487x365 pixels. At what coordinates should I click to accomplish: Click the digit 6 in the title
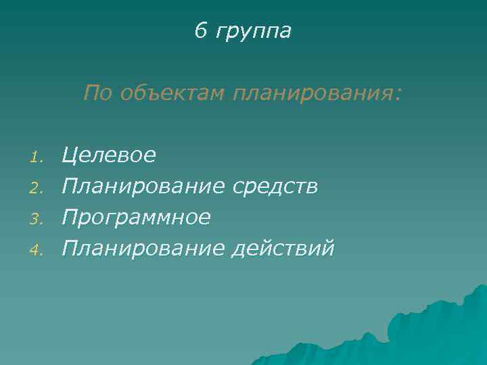(x=200, y=30)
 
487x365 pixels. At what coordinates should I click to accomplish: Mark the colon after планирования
(x=397, y=95)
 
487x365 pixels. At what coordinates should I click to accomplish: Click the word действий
(x=283, y=249)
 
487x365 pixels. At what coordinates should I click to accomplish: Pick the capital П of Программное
(x=69, y=218)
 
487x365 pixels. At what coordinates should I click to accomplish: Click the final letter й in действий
(x=328, y=248)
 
